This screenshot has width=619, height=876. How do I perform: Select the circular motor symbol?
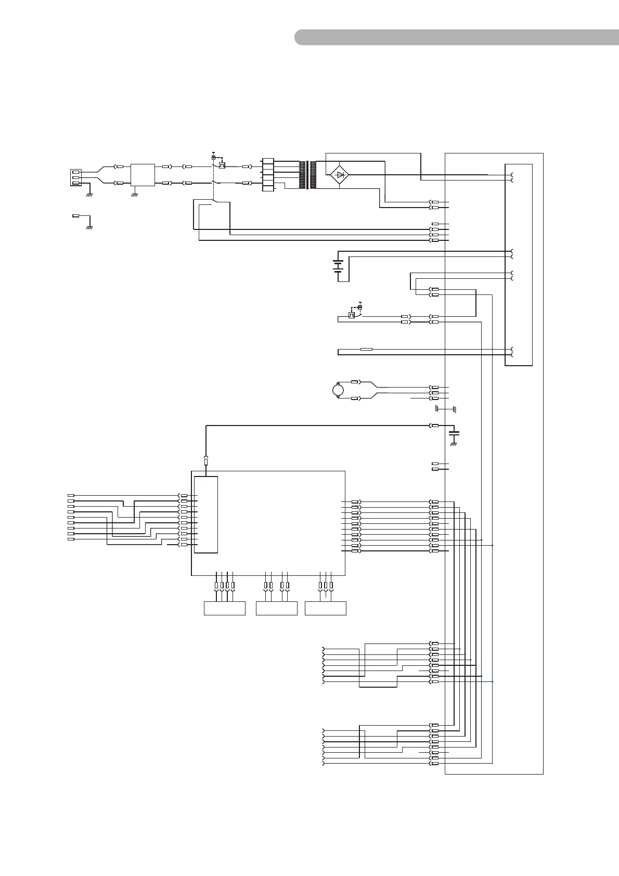click(338, 389)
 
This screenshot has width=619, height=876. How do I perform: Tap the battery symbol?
click(338, 266)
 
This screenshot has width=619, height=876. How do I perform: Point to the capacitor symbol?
click(454, 432)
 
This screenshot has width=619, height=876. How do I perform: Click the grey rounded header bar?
click(457, 37)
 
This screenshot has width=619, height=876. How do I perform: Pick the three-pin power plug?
click(76, 177)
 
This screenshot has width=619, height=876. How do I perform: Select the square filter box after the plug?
click(143, 175)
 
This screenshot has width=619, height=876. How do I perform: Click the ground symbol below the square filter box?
click(135, 195)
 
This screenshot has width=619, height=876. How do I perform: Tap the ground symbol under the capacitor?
click(454, 444)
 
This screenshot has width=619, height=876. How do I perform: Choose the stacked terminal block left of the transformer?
click(267, 175)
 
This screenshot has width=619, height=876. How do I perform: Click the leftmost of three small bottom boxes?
click(224, 608)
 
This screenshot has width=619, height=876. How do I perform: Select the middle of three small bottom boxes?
click(277, 608)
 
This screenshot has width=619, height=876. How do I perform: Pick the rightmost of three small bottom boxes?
click(326, 608)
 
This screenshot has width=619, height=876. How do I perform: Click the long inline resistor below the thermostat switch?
click(366, 349)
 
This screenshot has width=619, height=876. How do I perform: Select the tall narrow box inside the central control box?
click(205, 514)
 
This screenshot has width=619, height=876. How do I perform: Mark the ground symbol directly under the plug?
click(89, 195)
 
